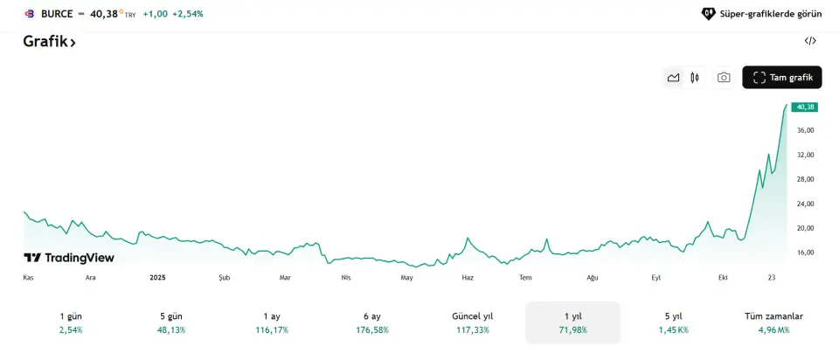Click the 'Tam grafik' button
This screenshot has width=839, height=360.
coord(782,77)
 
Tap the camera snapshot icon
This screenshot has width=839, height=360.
coord(724,78)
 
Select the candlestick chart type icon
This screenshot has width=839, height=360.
coord(695,78)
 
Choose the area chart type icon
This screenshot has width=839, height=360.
coord(673,78)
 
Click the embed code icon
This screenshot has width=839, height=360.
coord(810,41)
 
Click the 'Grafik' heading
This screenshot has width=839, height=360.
coord(49,41)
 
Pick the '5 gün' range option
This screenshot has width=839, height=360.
coord(172,322)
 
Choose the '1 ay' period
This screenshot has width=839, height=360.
coord(272,322)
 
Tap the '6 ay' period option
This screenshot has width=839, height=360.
coord(371,322)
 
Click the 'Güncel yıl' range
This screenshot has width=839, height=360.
coord(473,322)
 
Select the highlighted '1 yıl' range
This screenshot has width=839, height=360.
coord(572,322)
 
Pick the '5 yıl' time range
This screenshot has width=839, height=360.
coord(673,322)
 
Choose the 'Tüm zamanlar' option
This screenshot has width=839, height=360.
coord(773,322)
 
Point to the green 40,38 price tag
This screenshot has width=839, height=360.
coord(804,107)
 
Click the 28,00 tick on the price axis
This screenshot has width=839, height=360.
coord(804,179)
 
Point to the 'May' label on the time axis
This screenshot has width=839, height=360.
coord(406,277)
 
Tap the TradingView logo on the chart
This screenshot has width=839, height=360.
coord(69,258)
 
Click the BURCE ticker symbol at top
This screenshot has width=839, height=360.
coord(57,14)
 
